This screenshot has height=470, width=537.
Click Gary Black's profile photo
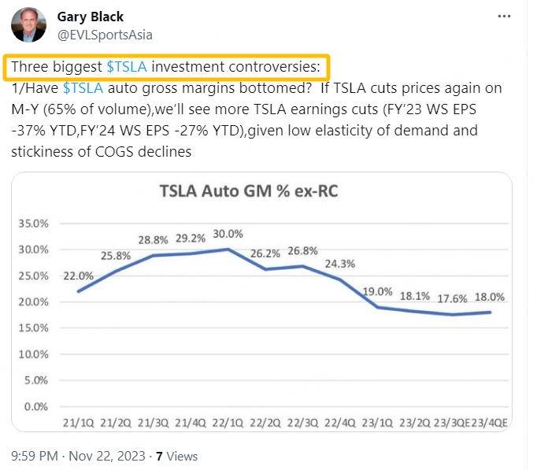point(28,26)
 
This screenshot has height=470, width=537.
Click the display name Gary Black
point(91,17)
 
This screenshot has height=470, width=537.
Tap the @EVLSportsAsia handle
point(106,35)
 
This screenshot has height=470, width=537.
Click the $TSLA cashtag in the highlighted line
point(127,67)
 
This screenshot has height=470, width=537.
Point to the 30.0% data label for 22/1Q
point(228,234)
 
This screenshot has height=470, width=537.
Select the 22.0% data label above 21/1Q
point(79,276)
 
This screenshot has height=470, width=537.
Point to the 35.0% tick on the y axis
point(32,224)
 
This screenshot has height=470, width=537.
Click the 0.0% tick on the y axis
point(35,407)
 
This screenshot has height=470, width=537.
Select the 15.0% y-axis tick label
point(32,328)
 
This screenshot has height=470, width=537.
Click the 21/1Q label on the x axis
point(79,424)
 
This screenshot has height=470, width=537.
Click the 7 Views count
point(176,456)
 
